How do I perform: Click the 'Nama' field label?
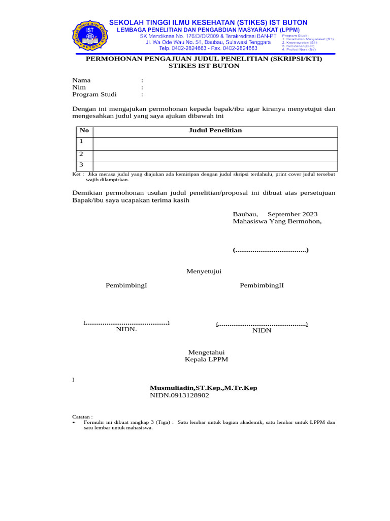click(81, 80)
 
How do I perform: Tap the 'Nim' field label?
click(79, 87)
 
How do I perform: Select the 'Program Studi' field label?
click(94, 94)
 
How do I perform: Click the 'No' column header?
click(84, 131)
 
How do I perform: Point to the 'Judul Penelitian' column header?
click(215, 131)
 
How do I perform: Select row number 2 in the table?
click(81, 154)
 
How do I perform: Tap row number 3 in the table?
click(81, 165)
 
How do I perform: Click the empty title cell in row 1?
click(215, 143)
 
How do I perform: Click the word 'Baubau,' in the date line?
click(245, 215)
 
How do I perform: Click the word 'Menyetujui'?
click(204, 272)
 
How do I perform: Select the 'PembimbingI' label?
click(126, 285)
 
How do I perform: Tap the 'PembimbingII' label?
click(262, 285)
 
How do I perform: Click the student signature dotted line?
click(271, 250)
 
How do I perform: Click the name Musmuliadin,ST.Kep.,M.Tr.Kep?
click(204, 388)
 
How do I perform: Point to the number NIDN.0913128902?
click(179, 395)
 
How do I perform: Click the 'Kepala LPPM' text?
click(207, 360)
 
